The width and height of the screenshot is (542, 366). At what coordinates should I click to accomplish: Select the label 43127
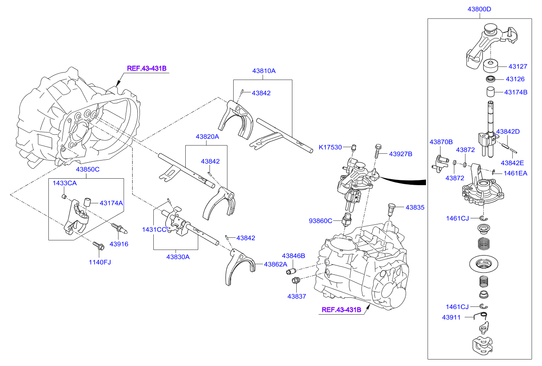coord(518,66)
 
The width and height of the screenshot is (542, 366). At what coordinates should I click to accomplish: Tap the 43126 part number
coord(515,79)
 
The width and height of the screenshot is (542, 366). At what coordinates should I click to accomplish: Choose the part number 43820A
coord(207,136)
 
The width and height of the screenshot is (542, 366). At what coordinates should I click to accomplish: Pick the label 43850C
coord(88,169)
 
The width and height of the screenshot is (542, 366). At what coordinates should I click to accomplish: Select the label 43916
coord(119,244)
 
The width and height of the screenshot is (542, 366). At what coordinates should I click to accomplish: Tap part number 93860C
coord(321,221)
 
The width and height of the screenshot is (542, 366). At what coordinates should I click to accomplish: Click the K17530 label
coord(330,148)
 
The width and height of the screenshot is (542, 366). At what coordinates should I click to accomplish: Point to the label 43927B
coord(401,154)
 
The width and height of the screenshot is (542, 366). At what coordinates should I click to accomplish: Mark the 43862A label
coord(276,265)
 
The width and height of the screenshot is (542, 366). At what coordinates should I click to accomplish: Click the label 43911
coord(451,317)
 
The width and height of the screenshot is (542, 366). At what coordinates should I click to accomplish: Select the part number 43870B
coord(441,142)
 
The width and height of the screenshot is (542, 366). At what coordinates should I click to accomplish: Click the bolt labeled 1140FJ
coord(98,246)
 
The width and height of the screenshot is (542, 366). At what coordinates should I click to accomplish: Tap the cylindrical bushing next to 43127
coord(491,66)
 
